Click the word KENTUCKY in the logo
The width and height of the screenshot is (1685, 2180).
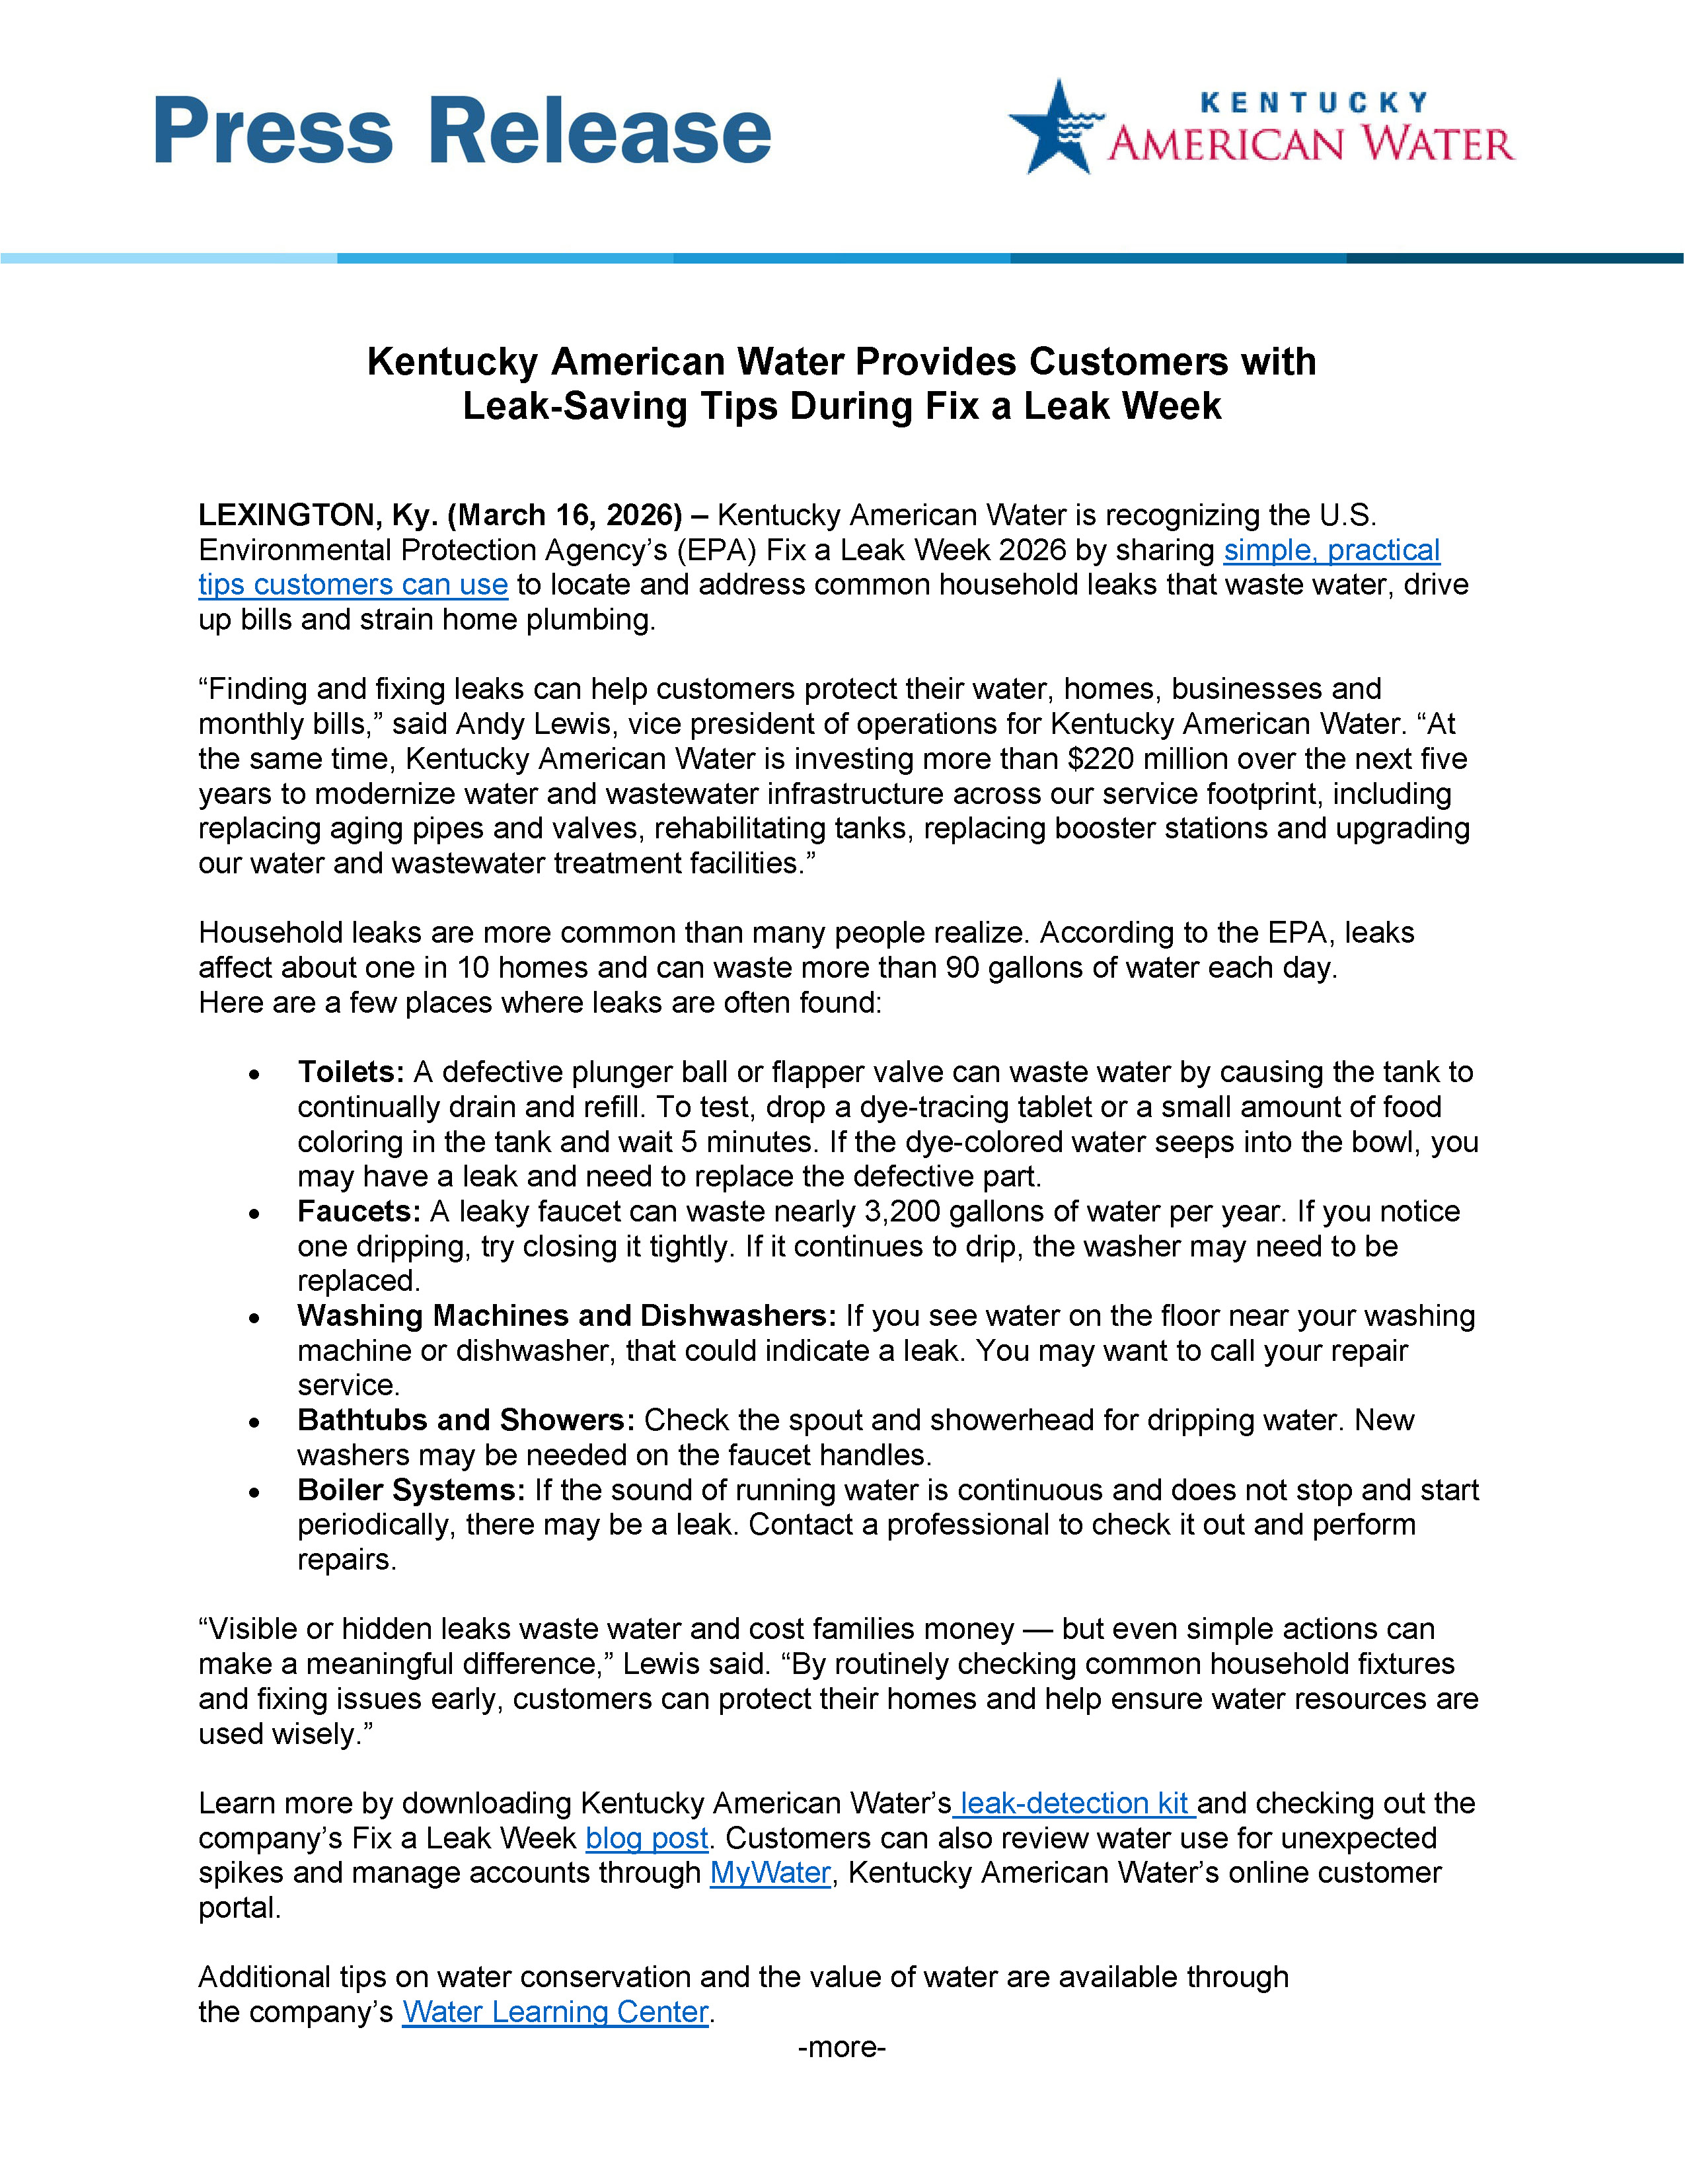[1313, 103]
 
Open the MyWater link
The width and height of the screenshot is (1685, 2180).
[770, 1873]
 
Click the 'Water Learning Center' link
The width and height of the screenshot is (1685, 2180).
[555, 2012]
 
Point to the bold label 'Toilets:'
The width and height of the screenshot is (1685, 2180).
[350, 1072]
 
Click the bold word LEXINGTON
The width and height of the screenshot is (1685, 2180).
[285, 515]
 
